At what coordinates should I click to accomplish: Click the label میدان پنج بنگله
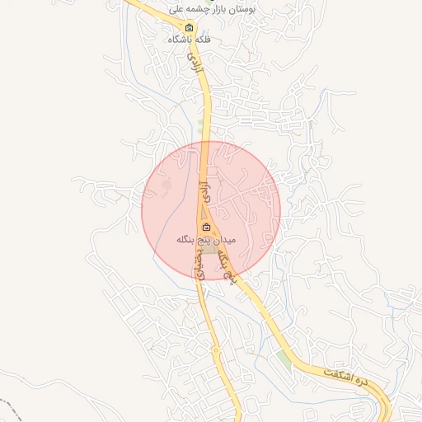tap(206, 240)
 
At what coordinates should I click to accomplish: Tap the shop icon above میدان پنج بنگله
tap(206, 227)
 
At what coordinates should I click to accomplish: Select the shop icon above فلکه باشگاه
tap(189, 27)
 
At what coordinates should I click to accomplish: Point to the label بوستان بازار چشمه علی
tap(214, 8)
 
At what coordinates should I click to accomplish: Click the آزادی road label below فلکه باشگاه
tap(195, 59)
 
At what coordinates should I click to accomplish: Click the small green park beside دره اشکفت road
tap(284, 359)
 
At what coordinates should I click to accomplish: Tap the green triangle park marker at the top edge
tap(175, 2)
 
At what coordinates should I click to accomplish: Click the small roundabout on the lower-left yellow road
tap(218, 352)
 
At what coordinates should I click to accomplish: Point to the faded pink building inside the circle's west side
tap(166, 188)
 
